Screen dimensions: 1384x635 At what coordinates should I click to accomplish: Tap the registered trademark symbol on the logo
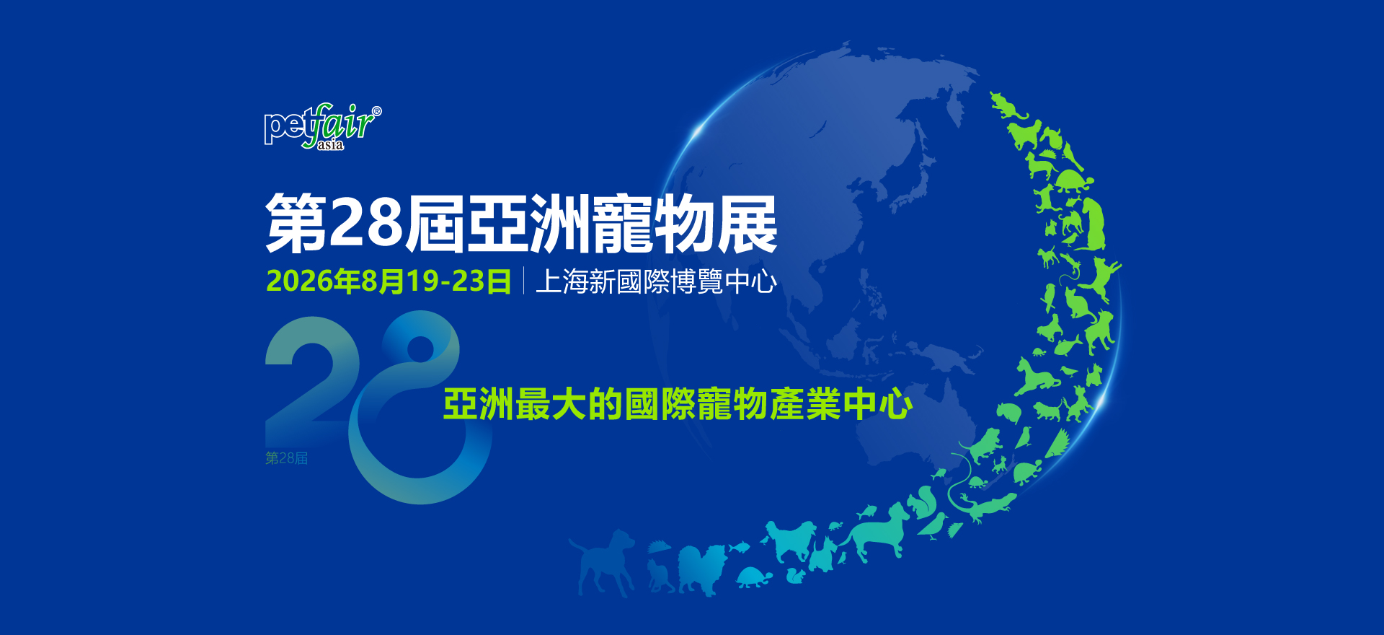pos(376,111)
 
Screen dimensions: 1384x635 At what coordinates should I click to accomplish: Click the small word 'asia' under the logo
pos(331,144)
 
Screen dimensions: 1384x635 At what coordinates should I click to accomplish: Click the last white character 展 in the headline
pos(747,224)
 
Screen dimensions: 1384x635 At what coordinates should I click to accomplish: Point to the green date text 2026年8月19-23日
pos(389,281)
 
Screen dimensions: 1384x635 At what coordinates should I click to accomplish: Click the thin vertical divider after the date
pos(523,281)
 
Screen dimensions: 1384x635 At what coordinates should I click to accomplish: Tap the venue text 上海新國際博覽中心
pos(656,281)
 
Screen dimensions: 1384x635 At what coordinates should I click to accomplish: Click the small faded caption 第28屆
pos(286,458)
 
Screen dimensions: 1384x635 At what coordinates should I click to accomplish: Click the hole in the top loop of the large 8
pos(420,349)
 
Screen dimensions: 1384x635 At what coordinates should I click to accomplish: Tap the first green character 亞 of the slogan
pos(461,404)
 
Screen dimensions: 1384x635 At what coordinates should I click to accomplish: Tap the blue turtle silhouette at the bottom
pos(754,577)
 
